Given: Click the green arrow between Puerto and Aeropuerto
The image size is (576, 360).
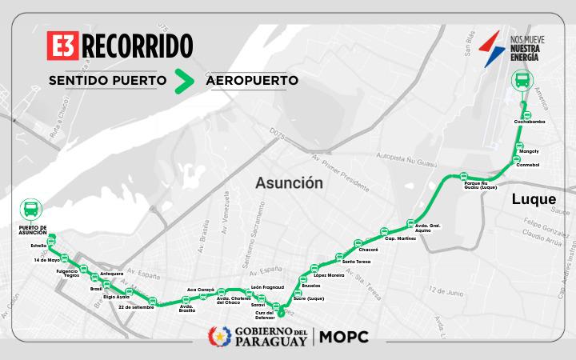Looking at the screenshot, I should pos(186,80).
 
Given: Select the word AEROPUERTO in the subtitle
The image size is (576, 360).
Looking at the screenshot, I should pos(252,81).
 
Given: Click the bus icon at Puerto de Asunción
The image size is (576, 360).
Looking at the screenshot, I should pos(30,210).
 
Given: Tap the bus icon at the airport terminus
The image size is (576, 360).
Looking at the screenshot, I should pos(522,81).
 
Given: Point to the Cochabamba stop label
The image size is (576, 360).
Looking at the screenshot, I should pos(529,122).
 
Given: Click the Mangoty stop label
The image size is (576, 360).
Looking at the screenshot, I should pos(529,151).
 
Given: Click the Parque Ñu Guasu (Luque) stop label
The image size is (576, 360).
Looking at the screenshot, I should pos(481,186).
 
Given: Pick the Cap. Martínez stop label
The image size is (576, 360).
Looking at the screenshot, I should pos(400,238).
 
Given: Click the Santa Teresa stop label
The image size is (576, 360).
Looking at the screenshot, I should pos(356,262).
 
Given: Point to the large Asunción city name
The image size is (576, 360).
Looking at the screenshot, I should pos(289,183).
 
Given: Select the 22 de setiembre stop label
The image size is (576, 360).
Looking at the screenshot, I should pos(135,306).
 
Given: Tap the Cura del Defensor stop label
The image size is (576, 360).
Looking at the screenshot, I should pos(265,315).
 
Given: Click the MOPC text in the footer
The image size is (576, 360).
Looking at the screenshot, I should pos(344,337).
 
